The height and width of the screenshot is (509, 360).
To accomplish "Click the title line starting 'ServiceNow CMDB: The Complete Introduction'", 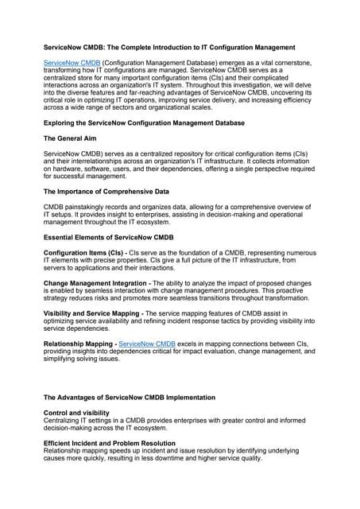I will tap(180, 49).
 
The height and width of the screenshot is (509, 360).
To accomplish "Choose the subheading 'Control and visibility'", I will tap(79, 413).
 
